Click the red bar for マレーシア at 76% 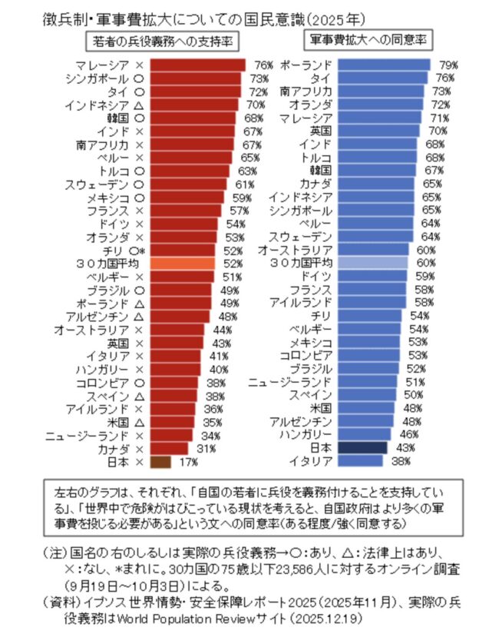point(197,65)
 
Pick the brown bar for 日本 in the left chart point(160,461)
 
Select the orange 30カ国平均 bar point(181,264)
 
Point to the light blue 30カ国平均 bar point(372,264)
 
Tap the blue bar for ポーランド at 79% point(384,65)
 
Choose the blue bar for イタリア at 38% point(359,461)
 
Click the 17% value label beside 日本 point(188,462)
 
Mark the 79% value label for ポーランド point(448,65)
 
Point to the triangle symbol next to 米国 point(139,422)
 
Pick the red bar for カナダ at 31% point(168,448)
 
